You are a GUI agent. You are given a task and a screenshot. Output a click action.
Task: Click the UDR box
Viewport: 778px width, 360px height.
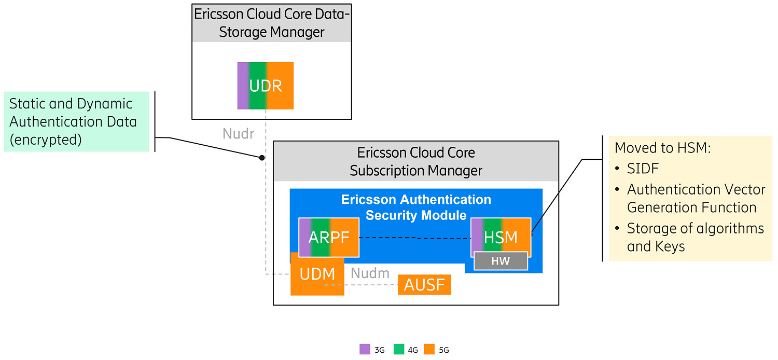[x=266, y=86]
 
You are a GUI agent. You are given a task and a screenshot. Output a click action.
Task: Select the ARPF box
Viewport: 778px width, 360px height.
[x=329, y=237]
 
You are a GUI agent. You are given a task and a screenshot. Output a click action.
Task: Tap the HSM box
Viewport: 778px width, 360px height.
[x=501, y=237]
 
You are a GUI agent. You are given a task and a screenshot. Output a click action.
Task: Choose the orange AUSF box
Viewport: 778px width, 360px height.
[x=424, y=285]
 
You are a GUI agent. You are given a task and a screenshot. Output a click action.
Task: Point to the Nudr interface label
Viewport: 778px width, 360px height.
[x=238, y=134]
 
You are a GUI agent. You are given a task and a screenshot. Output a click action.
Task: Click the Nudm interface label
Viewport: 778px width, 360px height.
[x=370, y=273]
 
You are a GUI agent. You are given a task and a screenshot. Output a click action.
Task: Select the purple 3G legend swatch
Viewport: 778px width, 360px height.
[x=365, y=349]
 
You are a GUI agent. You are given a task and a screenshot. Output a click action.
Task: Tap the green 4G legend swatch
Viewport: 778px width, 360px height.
[x=399, y=349]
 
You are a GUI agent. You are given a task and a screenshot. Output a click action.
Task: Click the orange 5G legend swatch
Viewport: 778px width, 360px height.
[x=429, y=349]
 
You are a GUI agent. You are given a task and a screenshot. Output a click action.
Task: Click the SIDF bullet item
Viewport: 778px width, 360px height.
[x=643, y=169]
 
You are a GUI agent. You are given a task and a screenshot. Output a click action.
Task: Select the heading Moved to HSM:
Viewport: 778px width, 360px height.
[x=662, y=148]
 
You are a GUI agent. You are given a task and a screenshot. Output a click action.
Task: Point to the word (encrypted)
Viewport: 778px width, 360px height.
[x=46, y=140]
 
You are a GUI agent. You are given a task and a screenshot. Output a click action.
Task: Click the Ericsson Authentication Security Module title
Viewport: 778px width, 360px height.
[x=416, y=207]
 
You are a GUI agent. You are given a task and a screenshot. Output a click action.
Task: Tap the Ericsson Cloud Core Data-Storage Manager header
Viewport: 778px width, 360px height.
[x=271, y=23]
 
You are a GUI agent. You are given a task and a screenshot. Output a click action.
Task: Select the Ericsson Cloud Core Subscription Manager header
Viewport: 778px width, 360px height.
[x=416, y=161]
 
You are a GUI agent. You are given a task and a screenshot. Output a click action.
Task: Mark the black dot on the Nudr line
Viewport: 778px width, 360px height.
[x=262, y=157]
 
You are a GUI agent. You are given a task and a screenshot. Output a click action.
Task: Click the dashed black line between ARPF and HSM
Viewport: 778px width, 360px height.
[x=415, y=238]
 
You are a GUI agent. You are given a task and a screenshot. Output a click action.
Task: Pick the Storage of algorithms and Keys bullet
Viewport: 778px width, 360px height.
[x=695, y=237]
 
